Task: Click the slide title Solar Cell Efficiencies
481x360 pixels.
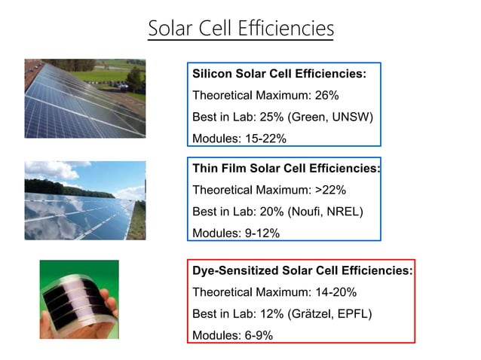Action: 240,29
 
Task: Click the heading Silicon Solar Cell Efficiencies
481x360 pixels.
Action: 279,74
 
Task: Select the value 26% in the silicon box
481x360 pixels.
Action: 326,96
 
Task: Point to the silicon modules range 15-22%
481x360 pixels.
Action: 264,139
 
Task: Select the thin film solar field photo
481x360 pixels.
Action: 84,200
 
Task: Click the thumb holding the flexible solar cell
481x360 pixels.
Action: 109,306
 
